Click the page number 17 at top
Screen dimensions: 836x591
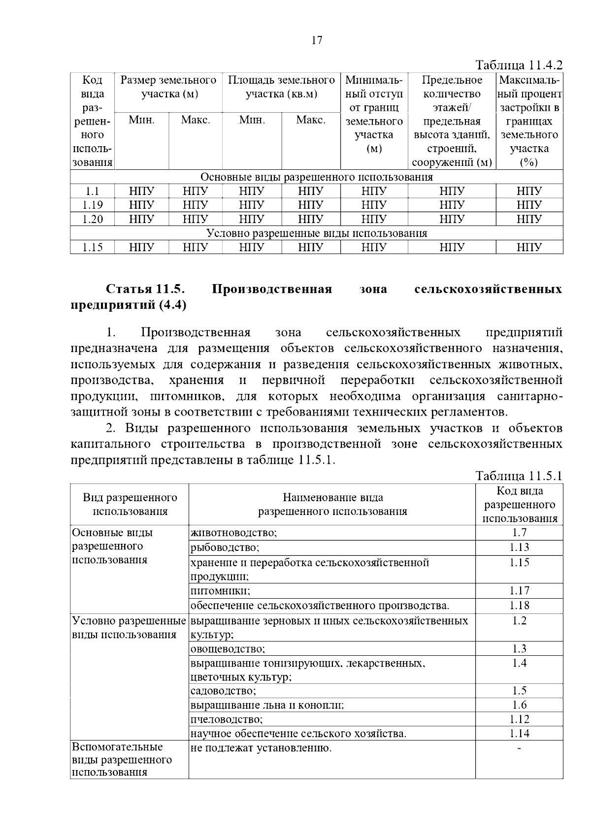tap(317, 40)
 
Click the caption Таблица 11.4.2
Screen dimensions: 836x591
tap(519, 65)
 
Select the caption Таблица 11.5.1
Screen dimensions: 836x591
tap(519, 476)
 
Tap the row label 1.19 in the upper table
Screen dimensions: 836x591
tap(92, 205)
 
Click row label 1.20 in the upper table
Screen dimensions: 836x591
tap(92, 219)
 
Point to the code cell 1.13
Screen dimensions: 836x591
tap(519, 547)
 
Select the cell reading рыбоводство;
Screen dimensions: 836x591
tap(225, 547)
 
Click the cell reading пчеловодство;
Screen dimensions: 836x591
tap(227, 720)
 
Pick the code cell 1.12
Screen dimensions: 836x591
tap(519, 719)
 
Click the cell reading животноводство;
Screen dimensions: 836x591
tap(234, 533)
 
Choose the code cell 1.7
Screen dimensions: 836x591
tap(519, 532)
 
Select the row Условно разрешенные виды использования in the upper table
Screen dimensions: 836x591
tap(316, 233)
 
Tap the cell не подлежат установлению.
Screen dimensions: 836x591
tap(261, 749)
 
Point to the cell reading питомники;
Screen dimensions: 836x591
tap(220, 591)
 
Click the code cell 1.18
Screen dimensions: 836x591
tap(519, 605)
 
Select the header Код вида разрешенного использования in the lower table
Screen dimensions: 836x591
tap(519, 505)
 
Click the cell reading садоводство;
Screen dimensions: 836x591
tap(223, 691)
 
